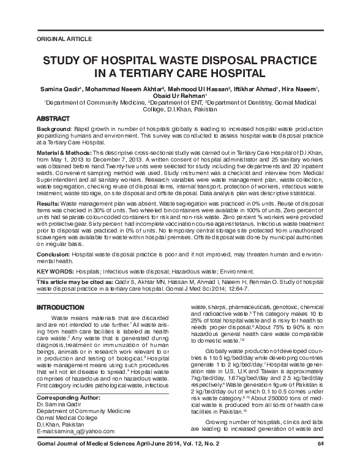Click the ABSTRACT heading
54,117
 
